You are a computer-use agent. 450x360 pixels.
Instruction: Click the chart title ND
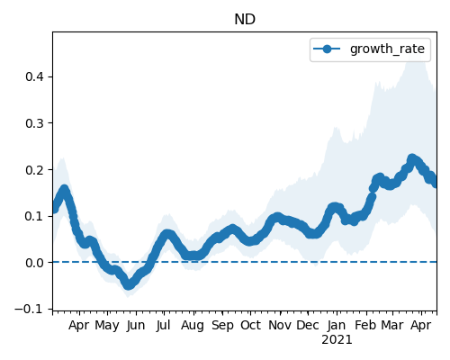245,20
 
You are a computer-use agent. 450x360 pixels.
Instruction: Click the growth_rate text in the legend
387,49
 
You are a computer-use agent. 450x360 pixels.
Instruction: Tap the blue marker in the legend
327,49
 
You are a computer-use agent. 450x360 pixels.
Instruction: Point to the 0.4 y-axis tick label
35,76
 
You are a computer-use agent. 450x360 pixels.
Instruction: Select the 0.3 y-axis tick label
35,123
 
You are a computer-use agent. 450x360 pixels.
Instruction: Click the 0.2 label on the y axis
35,170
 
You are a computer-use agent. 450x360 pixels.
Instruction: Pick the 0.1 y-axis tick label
35,216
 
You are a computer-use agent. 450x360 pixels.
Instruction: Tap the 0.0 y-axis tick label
35,263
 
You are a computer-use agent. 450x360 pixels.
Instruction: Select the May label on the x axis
107,326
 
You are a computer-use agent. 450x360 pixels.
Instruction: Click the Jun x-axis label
136,326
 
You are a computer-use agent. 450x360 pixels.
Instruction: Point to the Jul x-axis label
163,325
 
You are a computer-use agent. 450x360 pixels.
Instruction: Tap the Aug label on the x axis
193,326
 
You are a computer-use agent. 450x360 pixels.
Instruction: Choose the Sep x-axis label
222,326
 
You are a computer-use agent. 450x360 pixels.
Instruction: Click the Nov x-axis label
280,325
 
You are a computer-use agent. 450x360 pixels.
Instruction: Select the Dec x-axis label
308,325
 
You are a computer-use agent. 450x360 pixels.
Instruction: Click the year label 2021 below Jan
337,340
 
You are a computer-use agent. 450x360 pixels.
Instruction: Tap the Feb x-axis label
365,325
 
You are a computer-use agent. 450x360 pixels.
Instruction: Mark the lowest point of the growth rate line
129,285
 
